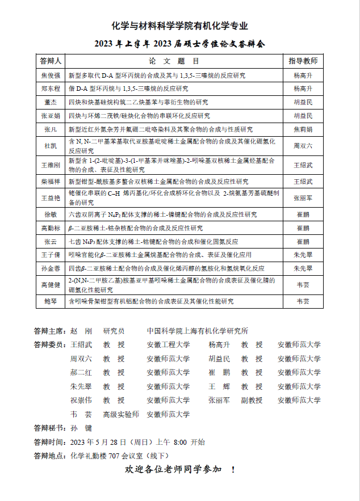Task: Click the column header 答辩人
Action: coord(51,61)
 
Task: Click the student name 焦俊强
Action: coord(51,75)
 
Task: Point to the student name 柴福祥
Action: coord(51,182)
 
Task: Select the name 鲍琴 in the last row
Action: coord(51,301)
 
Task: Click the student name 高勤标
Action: coord(51,228)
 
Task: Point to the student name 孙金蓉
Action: coord(51,268)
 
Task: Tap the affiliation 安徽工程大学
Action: coord(168,344)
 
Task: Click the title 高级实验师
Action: coord(121,414)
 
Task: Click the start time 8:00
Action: coord(180,442)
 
